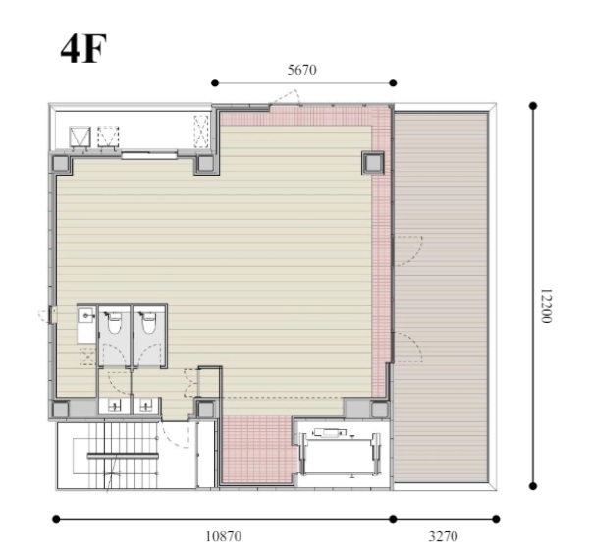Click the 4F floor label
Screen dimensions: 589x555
[83, 49]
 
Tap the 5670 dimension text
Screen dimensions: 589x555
[302, 70]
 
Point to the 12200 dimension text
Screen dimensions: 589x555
[546, 305]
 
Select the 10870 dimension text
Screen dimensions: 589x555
[224, 536]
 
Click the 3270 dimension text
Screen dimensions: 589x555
[444, 536]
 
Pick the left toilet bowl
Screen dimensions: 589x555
[115, 323]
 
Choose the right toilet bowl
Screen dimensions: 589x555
[148, 323]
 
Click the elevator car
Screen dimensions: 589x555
[340, 455]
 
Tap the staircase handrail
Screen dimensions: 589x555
[123, 456]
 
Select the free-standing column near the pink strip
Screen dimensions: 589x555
[373, 163]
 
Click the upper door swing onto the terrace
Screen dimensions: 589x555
[407, 250]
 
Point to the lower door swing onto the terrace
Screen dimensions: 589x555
[407, 348]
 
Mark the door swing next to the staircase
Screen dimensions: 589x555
[176, 434]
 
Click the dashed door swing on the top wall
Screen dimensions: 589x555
[288, 97]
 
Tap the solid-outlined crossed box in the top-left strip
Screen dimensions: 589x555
[80, 137]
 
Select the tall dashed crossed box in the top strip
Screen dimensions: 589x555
[201, 131]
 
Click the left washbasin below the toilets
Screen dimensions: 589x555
[114, 405]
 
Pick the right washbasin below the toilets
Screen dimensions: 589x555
[146, 405]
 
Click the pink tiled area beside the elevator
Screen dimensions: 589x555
[258, 449]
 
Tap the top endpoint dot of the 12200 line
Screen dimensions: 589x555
[533, 105]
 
